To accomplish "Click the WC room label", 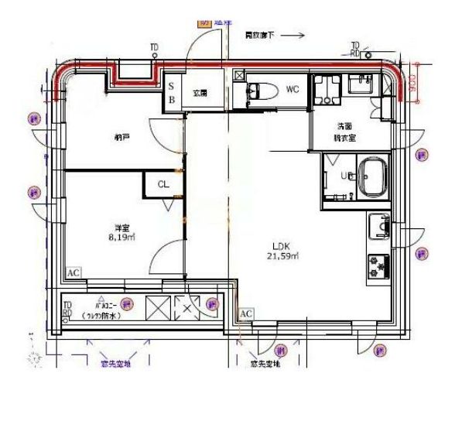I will coord(292,89).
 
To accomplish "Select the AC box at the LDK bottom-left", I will coord(246,313).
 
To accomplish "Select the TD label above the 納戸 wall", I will coord(154,48).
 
